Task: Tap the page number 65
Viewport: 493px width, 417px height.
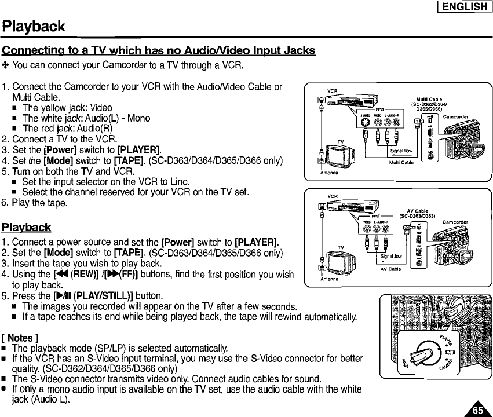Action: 477,409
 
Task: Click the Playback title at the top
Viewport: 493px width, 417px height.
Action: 33,27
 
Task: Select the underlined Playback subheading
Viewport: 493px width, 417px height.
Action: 26,226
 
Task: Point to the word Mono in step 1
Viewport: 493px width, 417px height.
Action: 139,118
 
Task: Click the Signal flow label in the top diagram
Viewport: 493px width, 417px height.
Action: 401,151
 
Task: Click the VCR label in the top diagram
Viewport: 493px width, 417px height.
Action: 333,91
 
